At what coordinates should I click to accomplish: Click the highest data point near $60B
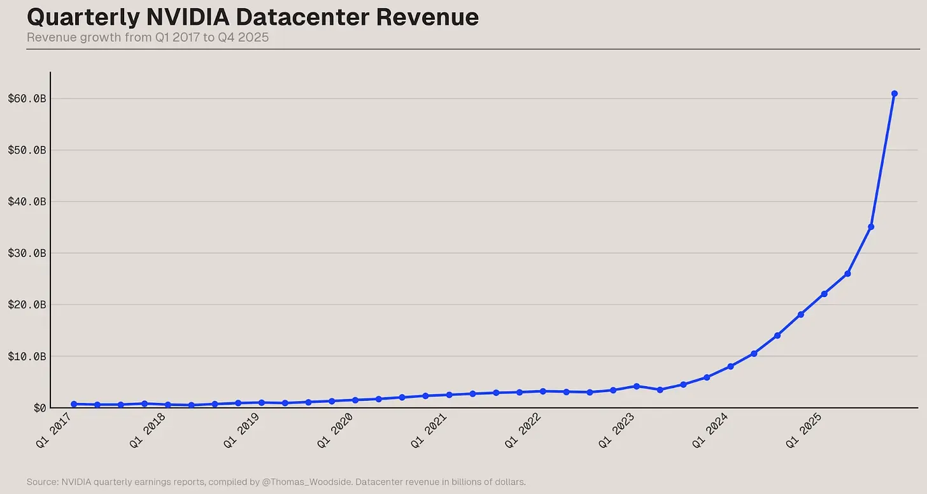(x=894, y=94)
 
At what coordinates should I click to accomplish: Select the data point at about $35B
(x=871, y=227)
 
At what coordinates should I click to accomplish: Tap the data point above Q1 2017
(x=74, y=404)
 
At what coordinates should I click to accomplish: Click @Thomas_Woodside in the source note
(x=308, y=482)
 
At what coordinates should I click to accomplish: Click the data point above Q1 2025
(x=824, y=294)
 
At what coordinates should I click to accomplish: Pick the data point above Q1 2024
(x=730, y=367)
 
